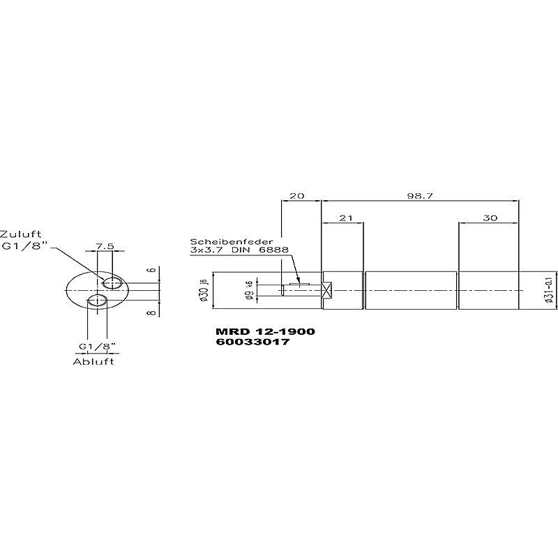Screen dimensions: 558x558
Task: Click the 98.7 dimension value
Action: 420,196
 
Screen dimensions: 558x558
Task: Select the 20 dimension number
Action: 297,196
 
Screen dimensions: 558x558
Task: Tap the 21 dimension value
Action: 345,218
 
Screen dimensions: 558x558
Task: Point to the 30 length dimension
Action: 490,218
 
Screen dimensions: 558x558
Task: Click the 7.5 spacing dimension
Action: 105,246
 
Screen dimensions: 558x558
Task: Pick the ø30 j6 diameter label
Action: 204,291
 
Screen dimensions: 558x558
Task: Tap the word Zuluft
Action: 21,234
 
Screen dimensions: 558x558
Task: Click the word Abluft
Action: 94,362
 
